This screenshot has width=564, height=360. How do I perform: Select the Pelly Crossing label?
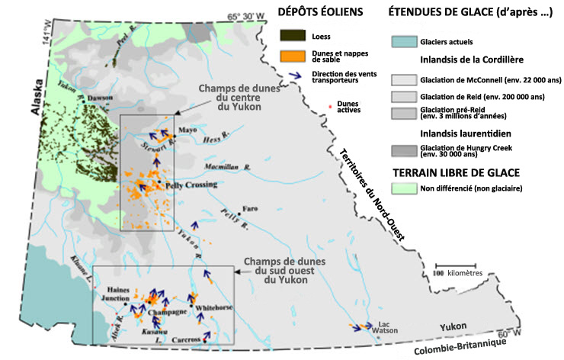[x=187, y=185]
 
